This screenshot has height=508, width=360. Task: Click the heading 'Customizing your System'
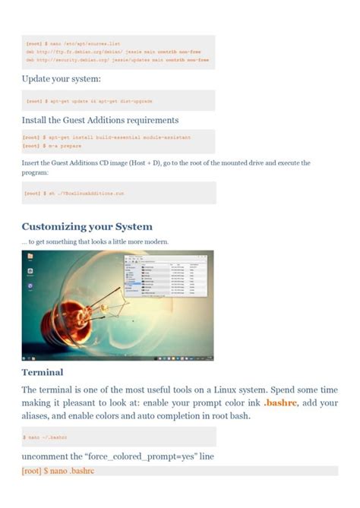click(87, 226)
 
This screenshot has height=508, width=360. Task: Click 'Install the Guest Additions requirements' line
click(100, 119)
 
